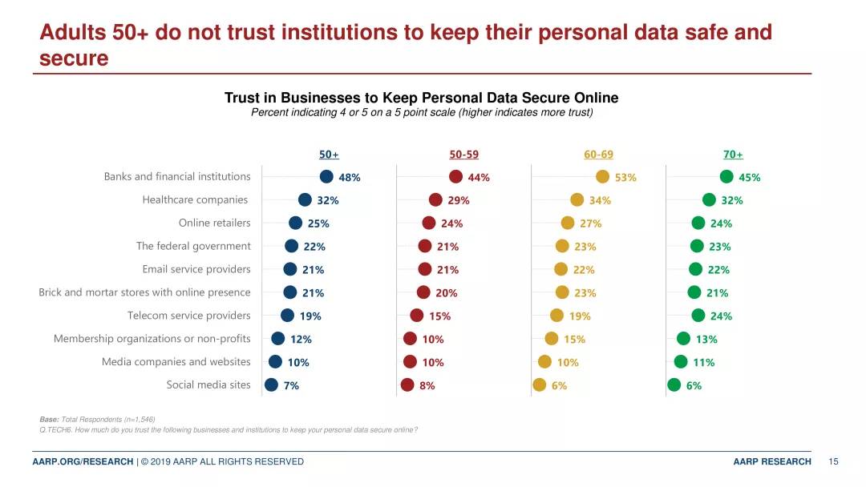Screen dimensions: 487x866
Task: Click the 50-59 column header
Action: coord(463,155)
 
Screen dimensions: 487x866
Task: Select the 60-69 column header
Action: coord(598,155)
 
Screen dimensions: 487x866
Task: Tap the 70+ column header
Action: coord(733,155)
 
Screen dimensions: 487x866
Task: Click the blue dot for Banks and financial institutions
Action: coord(326,177)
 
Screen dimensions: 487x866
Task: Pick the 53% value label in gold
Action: coord(625,178)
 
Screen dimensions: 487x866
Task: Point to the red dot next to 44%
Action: coord(455,177)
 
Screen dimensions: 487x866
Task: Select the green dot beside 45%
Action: coord(726,177)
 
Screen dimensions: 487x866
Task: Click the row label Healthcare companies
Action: coord(195,199)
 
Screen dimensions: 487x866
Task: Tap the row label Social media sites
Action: coord(208,384)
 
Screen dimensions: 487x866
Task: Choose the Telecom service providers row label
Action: coord(189,316)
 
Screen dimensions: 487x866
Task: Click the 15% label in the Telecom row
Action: coord(439,316)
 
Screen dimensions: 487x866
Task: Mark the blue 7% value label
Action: coord(291,386)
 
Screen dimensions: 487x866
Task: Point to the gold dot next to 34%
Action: coord(577,199)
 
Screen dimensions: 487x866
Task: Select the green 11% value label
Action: coord(704,363)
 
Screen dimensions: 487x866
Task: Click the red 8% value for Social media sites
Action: coord(427,386)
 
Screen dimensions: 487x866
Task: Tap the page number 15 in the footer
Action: coord(833,461)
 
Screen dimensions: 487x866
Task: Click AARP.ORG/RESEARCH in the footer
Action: coord(83,461)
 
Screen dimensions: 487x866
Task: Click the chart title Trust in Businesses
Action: coord(421,98)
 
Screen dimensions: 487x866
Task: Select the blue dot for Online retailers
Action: coord(295,223)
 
